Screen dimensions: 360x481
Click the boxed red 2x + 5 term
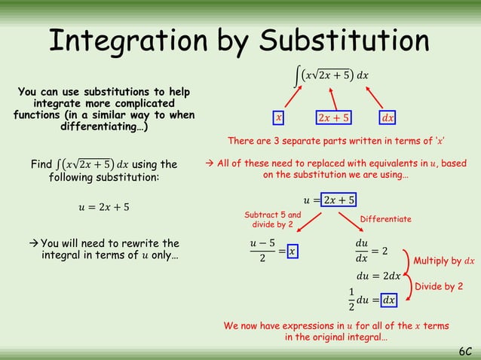click(x=334, y=118)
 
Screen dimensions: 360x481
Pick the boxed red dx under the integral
click(x=388, y=118)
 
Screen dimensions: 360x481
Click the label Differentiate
click(x=385, y=219)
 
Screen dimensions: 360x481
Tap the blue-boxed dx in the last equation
click(x=389, y=300)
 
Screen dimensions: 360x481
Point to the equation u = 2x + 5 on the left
click(x=103, y=207)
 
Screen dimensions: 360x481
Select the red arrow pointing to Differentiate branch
click(x=349, y=222)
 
